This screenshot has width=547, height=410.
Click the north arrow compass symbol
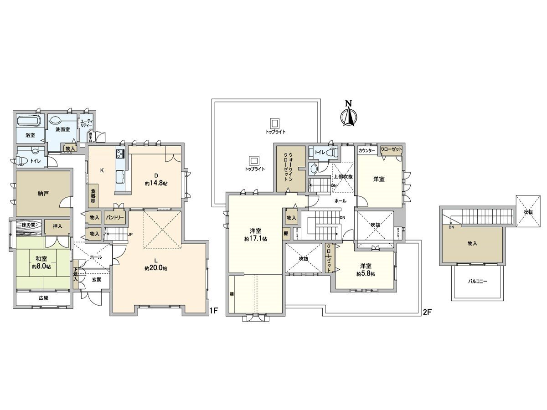[349, 113]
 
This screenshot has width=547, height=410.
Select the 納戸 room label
[43, 193]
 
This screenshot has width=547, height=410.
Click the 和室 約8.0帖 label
[42, 262]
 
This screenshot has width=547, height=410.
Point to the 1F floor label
[213, 312]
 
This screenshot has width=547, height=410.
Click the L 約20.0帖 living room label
[155, 265]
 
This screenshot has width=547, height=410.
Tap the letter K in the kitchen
[102, 170]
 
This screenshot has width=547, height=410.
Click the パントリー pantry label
[115, 218]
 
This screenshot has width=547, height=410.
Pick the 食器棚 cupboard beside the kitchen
[93, 195]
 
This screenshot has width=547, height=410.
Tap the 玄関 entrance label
[97, 279]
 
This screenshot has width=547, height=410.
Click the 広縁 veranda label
[43, 298]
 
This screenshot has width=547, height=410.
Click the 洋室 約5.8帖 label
[366, 270]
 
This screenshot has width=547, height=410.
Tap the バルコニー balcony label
[477, 282]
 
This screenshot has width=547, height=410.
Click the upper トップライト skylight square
[274, 123]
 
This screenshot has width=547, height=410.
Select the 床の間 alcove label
[29, 225]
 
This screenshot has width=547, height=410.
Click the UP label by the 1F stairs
[130, 234]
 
